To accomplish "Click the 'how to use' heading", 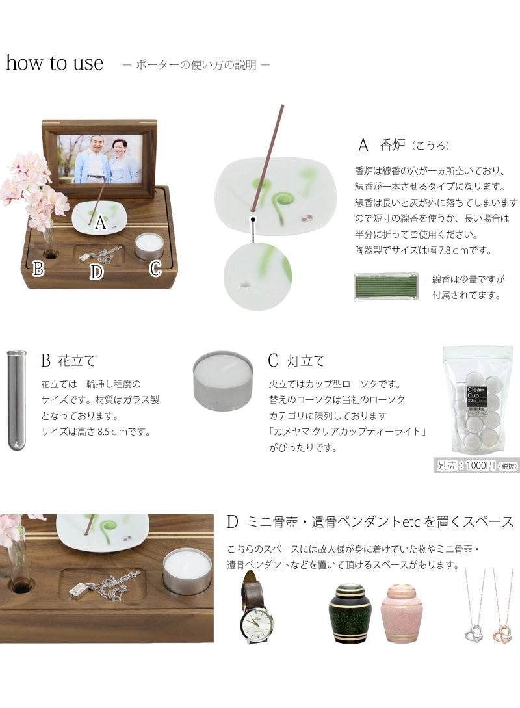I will (55, 63).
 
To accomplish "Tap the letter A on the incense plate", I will (99, 224).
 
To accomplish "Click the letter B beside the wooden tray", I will (38, 268).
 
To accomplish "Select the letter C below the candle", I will (155, 268).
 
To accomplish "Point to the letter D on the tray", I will (96, 272).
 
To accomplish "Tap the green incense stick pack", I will (387, 286).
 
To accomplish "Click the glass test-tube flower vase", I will (16, 399).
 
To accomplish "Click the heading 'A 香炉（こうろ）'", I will (403, 144).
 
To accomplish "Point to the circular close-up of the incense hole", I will (257, 276).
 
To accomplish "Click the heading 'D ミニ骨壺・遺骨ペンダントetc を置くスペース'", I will (370, 521).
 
